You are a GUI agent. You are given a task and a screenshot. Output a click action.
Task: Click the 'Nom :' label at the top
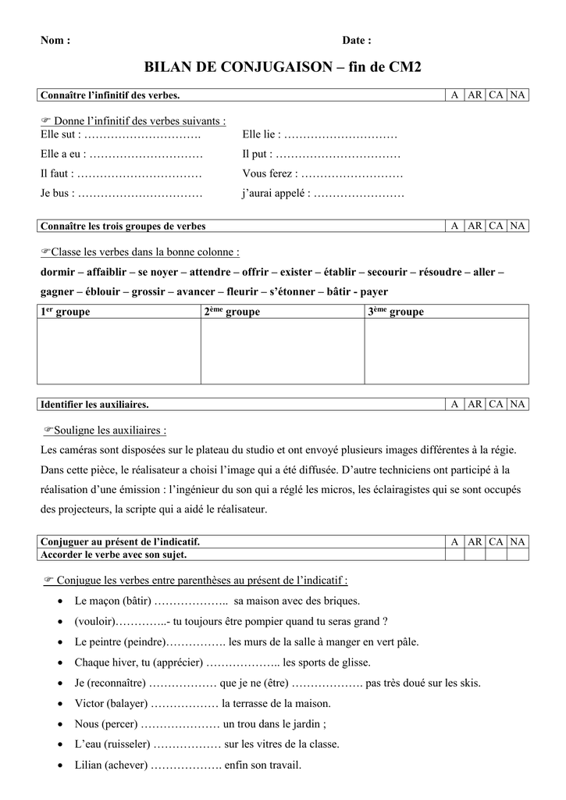[55, 41]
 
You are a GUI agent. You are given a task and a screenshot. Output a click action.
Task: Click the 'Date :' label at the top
[357, 41]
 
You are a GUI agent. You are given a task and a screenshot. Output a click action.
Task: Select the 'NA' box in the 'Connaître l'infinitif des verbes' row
[518, 95]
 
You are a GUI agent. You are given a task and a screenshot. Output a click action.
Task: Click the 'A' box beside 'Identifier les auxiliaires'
[454, 404]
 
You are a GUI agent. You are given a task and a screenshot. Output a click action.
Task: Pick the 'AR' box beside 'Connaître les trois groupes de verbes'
[475, 226]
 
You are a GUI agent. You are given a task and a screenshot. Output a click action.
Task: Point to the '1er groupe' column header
[65, 312]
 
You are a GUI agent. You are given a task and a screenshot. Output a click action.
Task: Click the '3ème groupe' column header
[396, 312]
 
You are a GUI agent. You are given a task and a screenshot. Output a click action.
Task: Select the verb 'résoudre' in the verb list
[440, 272]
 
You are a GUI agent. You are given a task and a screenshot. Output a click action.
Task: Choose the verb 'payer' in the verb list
[373, 291]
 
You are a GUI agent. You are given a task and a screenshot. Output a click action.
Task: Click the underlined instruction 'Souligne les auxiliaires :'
[110, 430]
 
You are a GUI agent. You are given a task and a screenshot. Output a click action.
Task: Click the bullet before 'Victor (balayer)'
[61, 703]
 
